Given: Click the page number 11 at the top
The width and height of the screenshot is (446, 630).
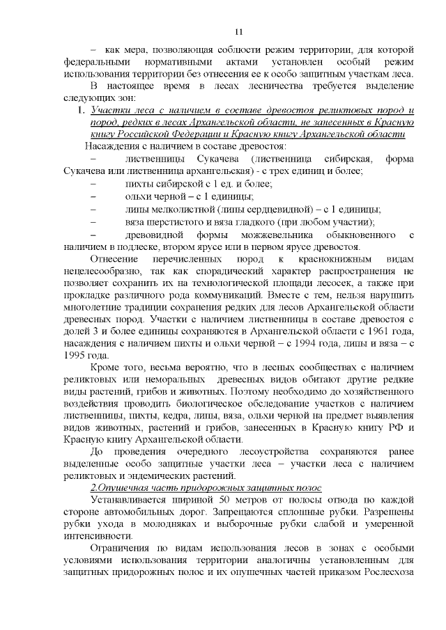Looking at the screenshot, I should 238,31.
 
